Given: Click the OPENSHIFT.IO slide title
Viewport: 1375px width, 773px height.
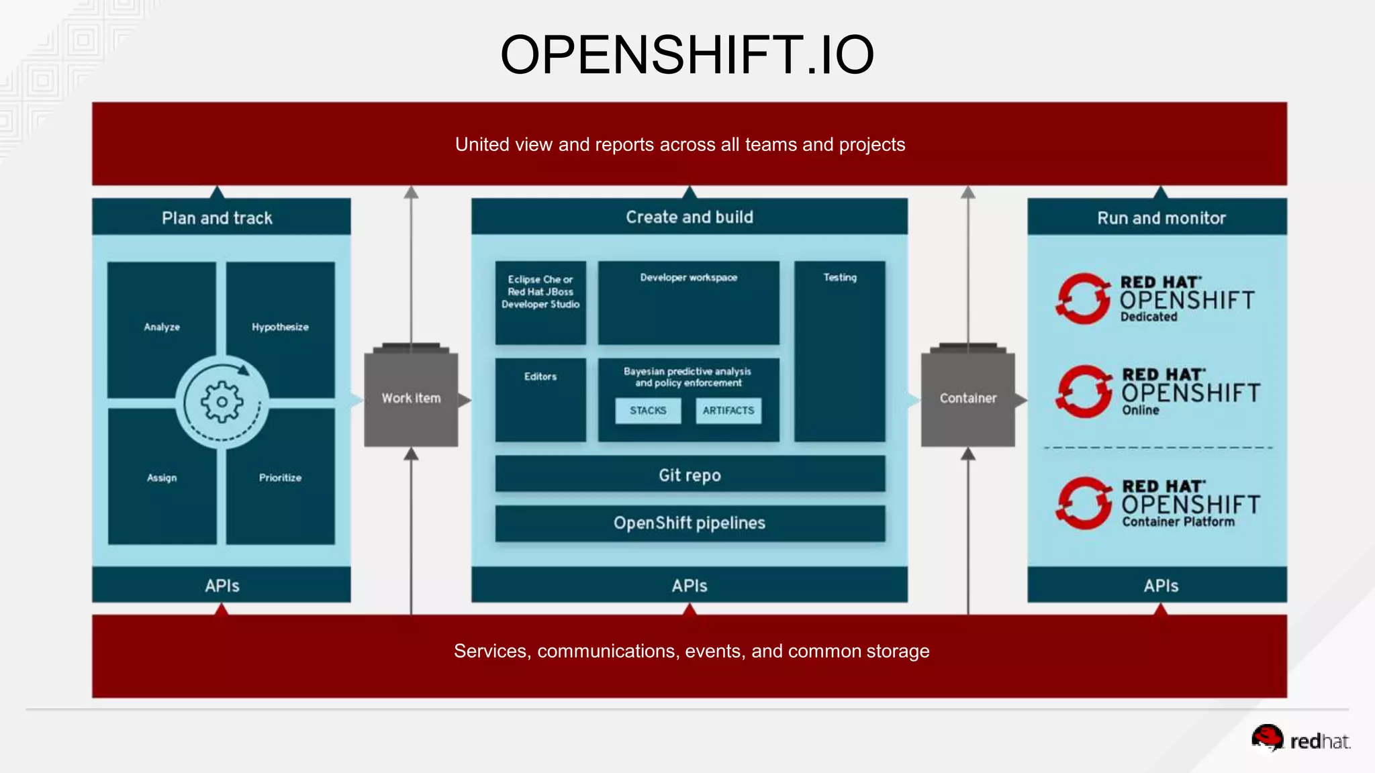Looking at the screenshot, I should click(687, 55).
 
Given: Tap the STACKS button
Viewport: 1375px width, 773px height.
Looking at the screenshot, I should click(648, 411).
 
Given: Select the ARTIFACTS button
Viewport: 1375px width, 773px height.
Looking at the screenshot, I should click(728, 411).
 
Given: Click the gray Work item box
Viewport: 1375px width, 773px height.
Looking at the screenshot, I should click(411, 399).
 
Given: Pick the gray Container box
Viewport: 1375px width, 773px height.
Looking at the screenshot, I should click(967, 399).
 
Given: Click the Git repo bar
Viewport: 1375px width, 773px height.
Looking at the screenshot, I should click(690, 475).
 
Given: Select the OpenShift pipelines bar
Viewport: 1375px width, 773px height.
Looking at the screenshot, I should click(690, 523).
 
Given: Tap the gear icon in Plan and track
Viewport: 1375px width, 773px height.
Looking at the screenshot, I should click(222, 402).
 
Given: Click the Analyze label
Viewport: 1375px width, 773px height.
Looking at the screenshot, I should click(162, 327).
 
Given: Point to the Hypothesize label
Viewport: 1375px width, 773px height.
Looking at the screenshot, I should click(280, 327).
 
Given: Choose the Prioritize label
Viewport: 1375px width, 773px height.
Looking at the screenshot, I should click(280, 478).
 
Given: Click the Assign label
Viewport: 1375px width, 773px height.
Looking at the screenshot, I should click(162, 478).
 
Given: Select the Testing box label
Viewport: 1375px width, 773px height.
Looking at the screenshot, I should click(840, 277).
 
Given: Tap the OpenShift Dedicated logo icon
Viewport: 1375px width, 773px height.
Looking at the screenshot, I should click(1082, 299).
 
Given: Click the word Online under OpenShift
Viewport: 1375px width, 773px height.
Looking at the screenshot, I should click(1140, 411).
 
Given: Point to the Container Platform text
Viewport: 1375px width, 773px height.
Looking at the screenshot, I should click(1178, 522).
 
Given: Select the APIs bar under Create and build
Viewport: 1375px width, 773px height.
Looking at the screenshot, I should click(690, 586).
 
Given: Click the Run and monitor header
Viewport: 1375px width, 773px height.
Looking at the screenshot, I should click(1161, 218).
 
